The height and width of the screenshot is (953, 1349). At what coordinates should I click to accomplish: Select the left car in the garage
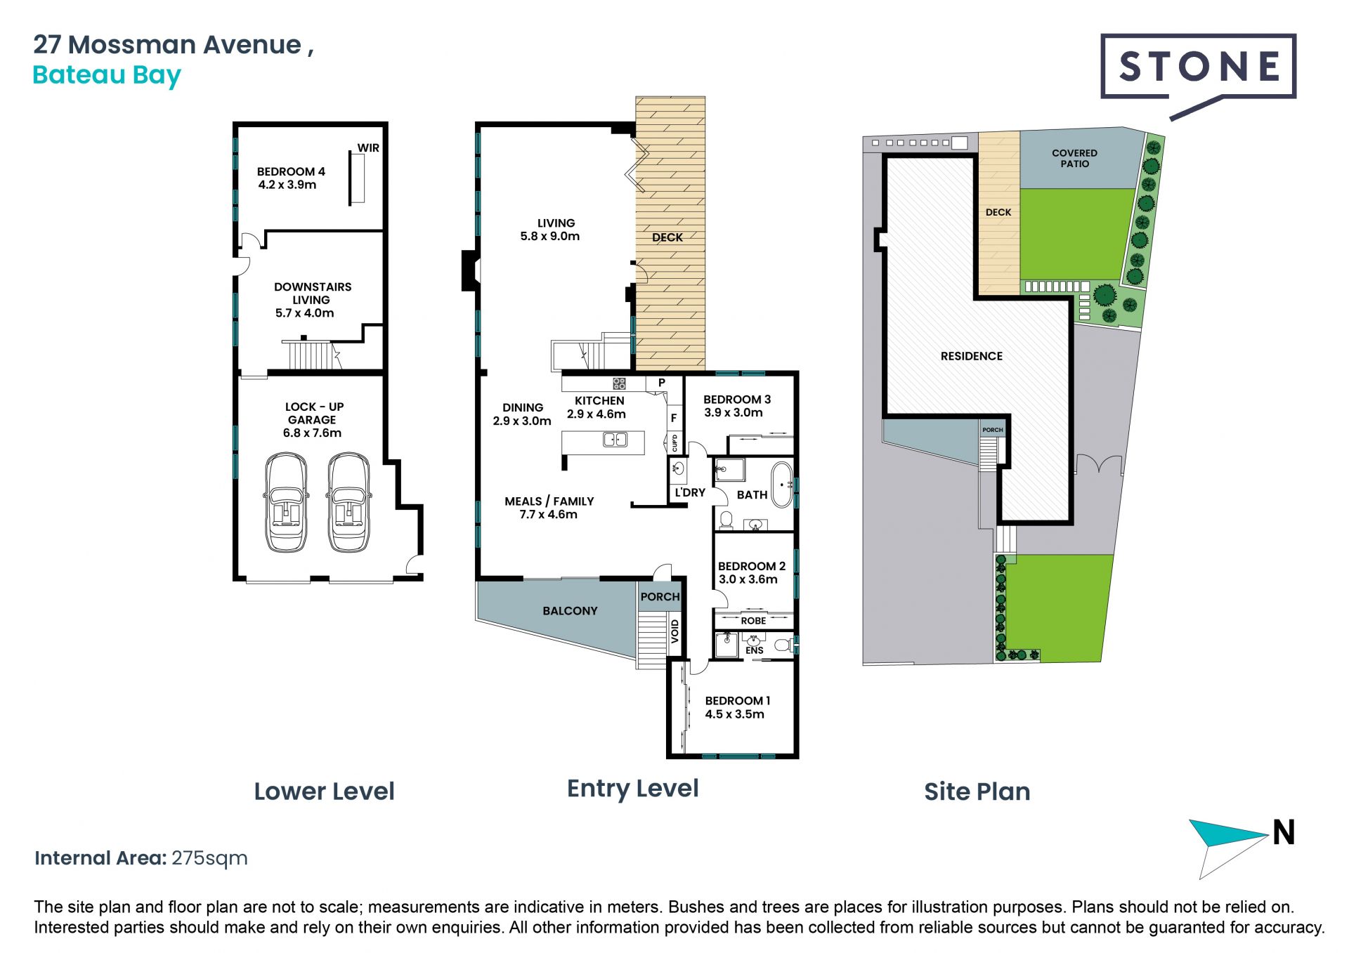click(x=285, y=502)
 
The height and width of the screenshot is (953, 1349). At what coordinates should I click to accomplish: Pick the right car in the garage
click(x=349, y=502)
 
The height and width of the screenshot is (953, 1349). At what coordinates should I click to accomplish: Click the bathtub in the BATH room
click(x=782, y=484)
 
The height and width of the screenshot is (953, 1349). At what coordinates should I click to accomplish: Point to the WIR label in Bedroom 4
click(x=368, y=147)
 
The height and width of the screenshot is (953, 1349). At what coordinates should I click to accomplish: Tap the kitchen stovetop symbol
click(x=619, y=383)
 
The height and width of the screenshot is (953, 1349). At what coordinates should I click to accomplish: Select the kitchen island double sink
click(x=615, y=440)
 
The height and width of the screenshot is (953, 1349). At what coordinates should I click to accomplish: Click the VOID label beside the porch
click(x=675, y=631)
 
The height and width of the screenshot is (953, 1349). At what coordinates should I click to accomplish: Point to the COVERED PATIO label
click(x=1074, y=158)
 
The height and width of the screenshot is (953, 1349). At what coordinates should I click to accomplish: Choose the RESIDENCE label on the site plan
click(x=972, y=356)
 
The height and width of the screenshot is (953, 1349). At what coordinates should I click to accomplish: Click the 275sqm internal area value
click(x=210, y=858)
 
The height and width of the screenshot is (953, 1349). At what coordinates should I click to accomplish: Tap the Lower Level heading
click(x=325, y=791)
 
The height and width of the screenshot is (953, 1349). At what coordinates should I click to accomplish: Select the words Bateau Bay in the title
click(x=107, y=75)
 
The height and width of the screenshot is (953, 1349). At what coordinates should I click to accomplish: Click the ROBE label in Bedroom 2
click(x=753, y=621)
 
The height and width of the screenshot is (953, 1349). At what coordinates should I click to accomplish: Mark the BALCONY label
click(x=570, y=611)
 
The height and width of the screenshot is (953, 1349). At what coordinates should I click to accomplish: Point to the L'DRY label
click(x=690, y=493)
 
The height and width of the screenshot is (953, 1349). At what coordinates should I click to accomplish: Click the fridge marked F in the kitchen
click(x=674, y=418)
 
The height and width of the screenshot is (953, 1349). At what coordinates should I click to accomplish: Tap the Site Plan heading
click(x=977, y=791)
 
